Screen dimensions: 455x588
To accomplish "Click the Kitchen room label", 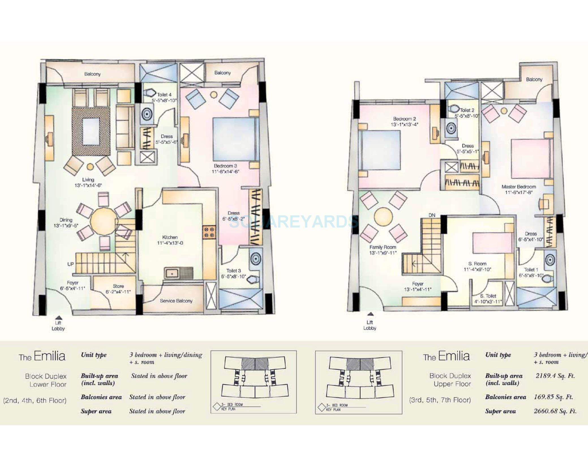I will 170,237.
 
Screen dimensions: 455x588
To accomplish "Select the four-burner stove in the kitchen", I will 209,232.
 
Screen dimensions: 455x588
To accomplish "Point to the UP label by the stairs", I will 70,264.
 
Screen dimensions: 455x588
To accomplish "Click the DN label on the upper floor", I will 432,215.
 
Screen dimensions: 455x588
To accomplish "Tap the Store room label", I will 118,286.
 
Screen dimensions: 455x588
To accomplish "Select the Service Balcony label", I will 176,301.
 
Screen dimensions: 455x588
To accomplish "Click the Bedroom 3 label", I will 225,166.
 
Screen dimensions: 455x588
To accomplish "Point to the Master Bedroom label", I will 519,187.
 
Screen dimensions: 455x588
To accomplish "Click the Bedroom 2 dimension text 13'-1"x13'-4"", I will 404,125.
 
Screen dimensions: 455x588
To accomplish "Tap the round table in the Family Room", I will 383,217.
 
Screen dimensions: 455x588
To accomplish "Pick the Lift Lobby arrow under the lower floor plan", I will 58,317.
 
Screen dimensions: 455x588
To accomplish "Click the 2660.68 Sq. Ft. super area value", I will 555,411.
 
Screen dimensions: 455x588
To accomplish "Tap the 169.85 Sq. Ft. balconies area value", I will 553,397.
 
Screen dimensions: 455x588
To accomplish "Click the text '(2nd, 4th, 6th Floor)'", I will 35,400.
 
